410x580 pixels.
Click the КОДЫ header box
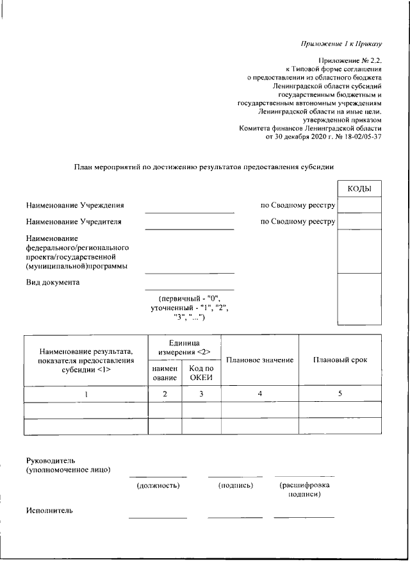tap(359, 189)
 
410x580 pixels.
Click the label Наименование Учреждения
tap(75, 205)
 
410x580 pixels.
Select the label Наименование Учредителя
tap(74, 222)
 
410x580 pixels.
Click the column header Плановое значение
tap(259, 360)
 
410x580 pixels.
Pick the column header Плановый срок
tap(340, 360)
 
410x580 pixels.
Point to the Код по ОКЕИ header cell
tap(201, 373)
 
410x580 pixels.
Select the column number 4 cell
tap(259, 394)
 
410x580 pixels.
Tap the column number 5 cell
tap(340, 394)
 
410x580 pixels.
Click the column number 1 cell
tap(86, 394)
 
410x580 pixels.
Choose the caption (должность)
tap(158, 486)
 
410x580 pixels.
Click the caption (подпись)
tap(235, 486)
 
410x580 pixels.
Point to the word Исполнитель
tap(49, 511)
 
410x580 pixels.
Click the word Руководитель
tap(51, 460)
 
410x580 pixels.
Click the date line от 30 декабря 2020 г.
tap(324, 137)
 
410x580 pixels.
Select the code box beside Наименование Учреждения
tap(359, 205)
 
